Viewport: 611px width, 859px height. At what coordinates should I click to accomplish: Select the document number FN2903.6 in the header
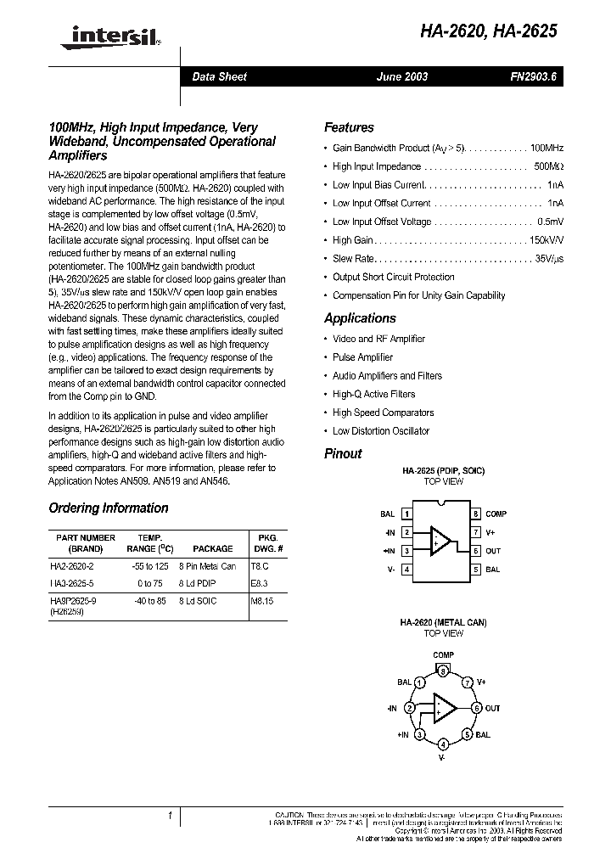532,76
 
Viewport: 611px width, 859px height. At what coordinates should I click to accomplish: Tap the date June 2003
402,76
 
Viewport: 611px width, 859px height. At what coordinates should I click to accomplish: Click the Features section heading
349,127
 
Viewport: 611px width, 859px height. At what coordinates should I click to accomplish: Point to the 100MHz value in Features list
547,148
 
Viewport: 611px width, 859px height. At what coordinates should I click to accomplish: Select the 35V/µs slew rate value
549,258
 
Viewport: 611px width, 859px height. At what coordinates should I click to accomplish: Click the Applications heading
360,318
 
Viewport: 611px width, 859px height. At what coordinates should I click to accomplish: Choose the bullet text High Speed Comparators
383,413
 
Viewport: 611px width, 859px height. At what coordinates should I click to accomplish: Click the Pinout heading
343,453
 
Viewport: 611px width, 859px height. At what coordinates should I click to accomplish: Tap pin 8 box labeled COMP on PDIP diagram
477,514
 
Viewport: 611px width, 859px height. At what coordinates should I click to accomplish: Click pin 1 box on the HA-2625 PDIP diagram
407,514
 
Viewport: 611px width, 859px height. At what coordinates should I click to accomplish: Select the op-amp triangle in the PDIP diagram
441,541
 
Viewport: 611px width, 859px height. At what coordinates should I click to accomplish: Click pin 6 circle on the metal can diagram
477,708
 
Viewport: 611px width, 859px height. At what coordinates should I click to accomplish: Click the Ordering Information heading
109,508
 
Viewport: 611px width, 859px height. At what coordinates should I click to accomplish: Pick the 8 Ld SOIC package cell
198,601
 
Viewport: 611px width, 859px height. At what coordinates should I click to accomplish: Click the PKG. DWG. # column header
261,543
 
